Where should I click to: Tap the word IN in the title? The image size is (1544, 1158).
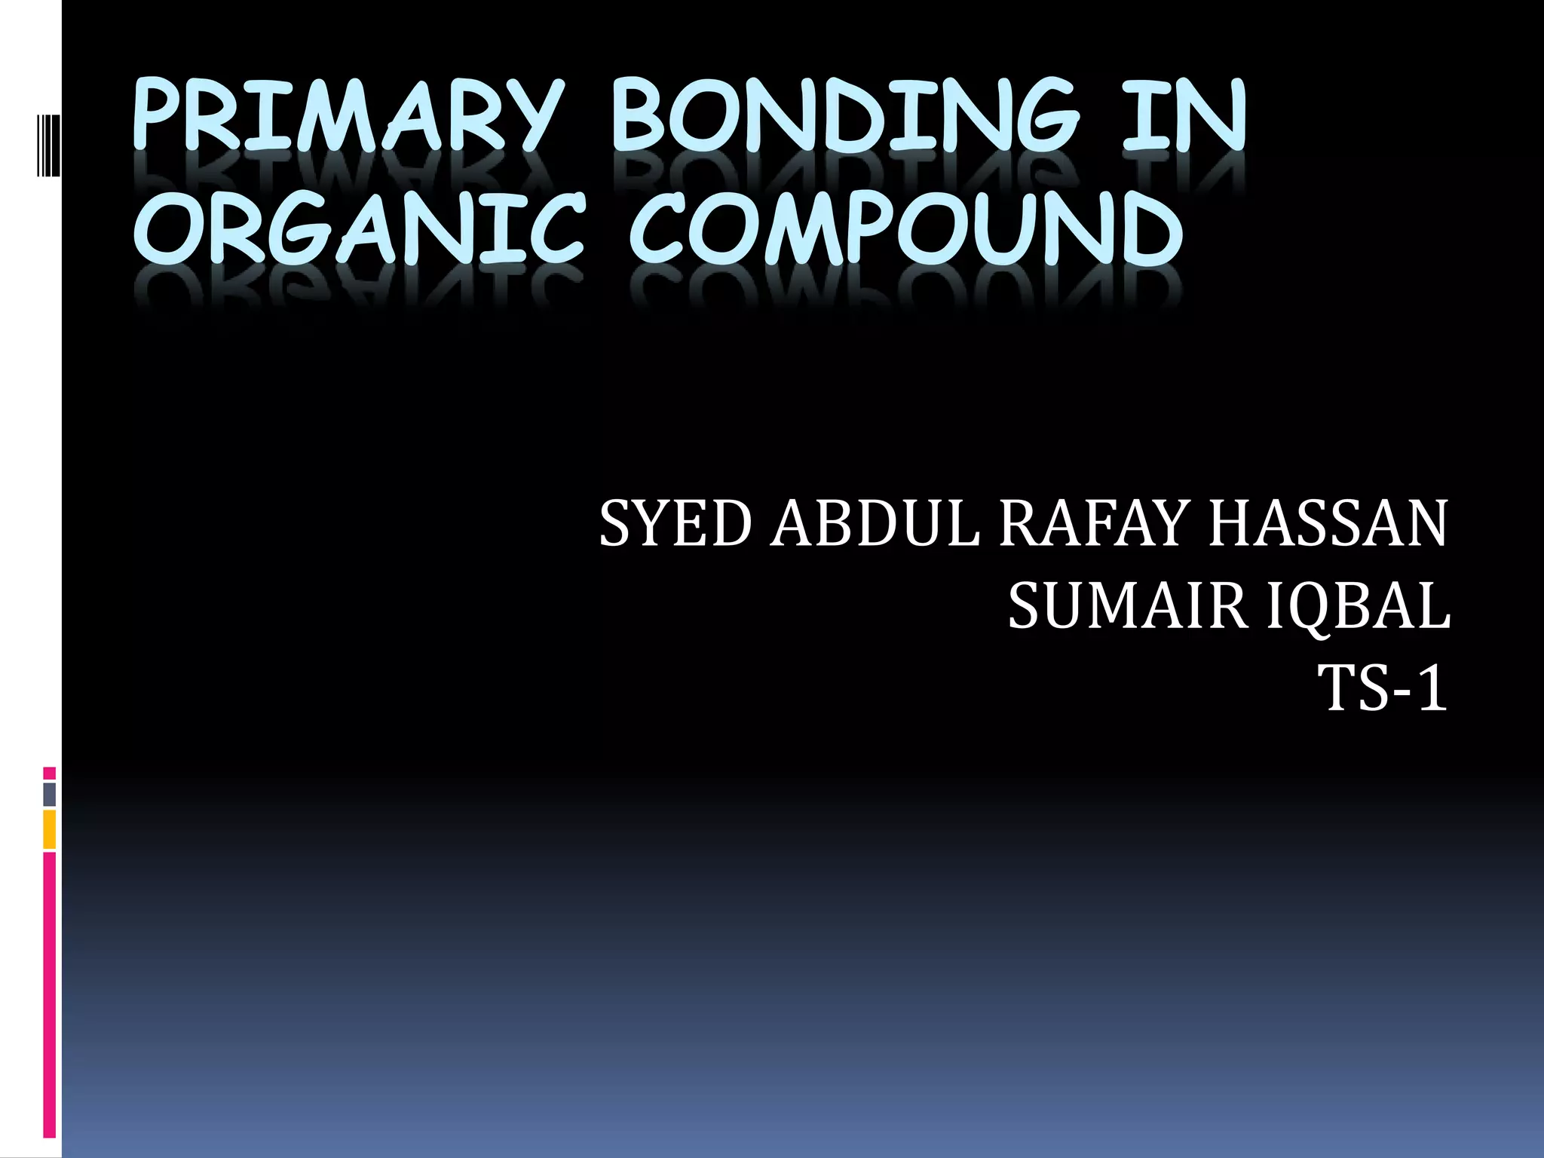(x=1184, y=117)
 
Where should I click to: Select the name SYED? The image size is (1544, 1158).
(x=675, y=524)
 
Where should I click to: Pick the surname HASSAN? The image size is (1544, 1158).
(x=1328, y=524)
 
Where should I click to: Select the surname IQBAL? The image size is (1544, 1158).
(x=1358, y=607)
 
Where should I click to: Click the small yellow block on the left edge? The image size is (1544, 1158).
(x=50, y=829)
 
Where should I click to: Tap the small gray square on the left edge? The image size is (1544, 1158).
(x=50, y=795)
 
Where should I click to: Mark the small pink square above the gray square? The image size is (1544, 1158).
(x=50, y=774)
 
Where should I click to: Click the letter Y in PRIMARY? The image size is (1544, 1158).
(x=532, y=117)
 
